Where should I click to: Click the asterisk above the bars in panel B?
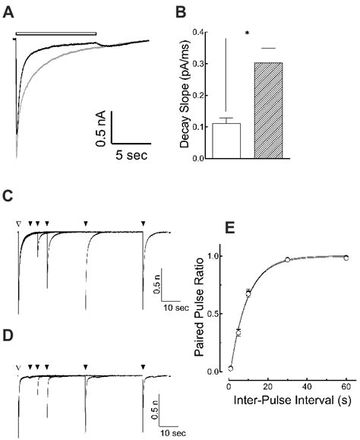tap(248, 35)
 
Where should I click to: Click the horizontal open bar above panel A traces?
tap(58, 33)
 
